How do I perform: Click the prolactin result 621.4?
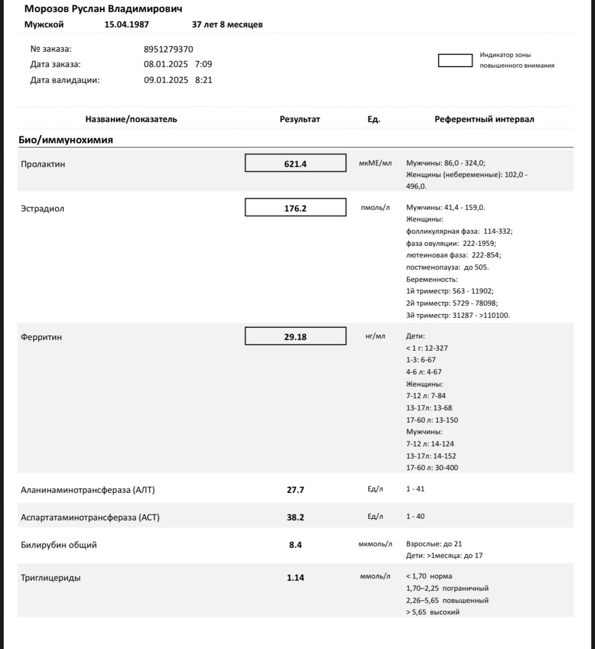coord(295,164)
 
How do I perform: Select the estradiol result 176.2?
coord(295,208)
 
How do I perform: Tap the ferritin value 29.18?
coord(295,337)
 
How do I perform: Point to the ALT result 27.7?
coord(295,490)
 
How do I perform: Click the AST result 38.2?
coord(295,517)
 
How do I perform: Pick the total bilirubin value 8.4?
coord(295,545)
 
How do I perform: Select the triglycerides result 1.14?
coord(295,578)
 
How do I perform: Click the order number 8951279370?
coord(168,49)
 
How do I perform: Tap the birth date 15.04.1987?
coord(126,24)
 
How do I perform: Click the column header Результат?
coord(299,120)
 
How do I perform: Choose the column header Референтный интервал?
coord(484,120)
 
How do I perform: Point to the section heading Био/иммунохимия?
coord(67,140)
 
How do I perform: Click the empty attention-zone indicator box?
coord(455,60)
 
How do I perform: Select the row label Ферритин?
coord(41,337)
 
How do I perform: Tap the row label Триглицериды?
coord(51,578)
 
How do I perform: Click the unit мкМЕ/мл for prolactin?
coord(375,163)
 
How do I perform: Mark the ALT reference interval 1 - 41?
coord(415,489)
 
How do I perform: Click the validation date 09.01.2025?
coord(166,80)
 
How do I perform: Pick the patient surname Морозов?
coord(47,9)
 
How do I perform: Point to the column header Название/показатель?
coord(131,120)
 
